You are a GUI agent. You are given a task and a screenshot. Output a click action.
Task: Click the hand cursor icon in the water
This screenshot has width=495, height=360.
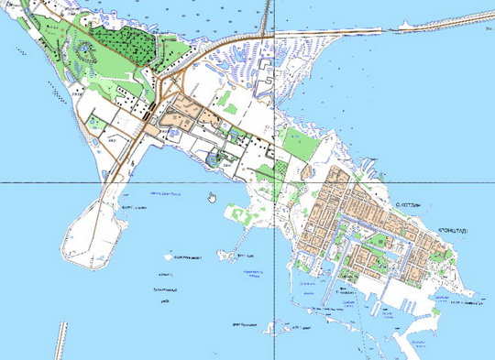pos(212,195)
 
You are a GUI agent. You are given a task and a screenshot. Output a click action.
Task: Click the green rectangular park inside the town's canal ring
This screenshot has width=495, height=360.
pos(377,245)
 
